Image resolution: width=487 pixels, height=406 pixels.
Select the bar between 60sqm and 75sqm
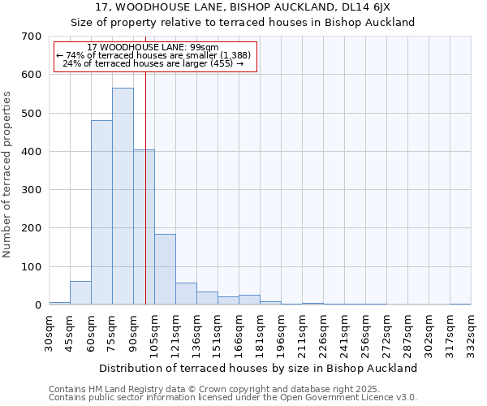point(101,213)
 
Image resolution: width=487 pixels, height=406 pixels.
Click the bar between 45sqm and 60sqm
point(80,293)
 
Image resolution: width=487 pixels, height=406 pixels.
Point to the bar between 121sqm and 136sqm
point(186,294)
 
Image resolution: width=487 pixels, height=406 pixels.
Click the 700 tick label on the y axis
point(31,37)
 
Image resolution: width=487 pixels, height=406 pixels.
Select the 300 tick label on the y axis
point(31,190)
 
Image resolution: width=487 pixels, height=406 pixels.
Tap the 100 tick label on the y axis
point(31,267)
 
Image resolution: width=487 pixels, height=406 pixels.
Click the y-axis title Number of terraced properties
point(8,174)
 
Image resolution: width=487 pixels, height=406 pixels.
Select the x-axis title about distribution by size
point(260,368)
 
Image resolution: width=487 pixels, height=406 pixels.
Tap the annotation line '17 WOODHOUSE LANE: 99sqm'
point(153,48)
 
